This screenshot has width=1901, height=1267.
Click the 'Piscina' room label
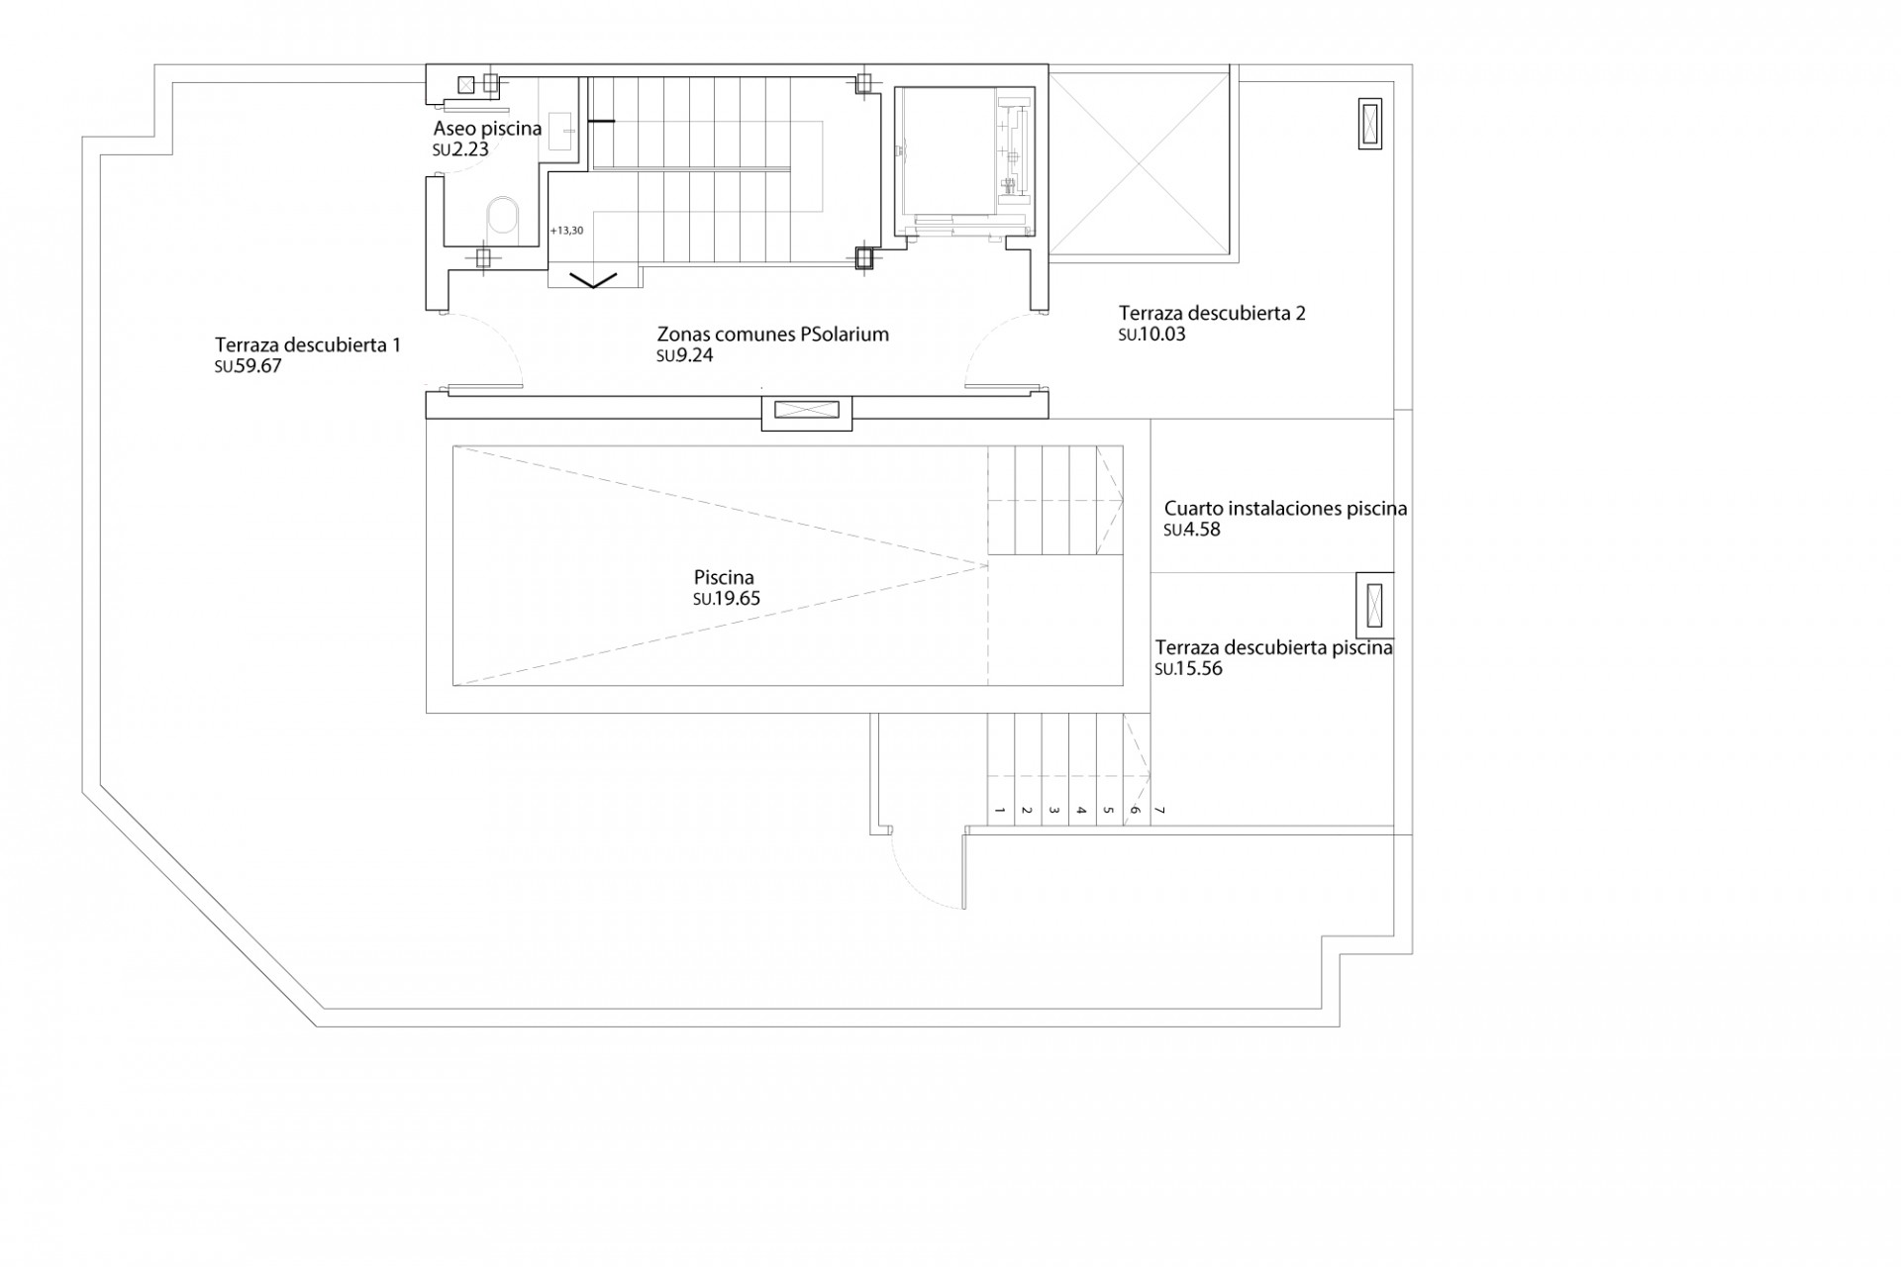724,577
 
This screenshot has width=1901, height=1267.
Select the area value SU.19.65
727,599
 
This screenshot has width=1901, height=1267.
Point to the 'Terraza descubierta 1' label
308,345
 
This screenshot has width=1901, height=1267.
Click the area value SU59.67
248,366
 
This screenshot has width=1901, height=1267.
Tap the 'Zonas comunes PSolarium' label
772,335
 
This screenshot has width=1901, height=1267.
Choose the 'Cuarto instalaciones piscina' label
1285,509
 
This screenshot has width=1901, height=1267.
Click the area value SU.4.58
1192,531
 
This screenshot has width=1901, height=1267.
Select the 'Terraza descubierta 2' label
1212,314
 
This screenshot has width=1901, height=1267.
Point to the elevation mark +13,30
566,231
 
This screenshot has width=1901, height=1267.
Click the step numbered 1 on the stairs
1000,811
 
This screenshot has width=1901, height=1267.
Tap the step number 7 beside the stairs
1160,811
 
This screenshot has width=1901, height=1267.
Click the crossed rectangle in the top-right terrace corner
1369,124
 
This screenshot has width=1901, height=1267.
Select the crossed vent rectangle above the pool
806,410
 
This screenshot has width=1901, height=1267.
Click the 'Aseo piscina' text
487,129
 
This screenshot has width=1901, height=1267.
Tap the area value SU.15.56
1188,669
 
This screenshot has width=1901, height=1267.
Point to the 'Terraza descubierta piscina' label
1273,648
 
